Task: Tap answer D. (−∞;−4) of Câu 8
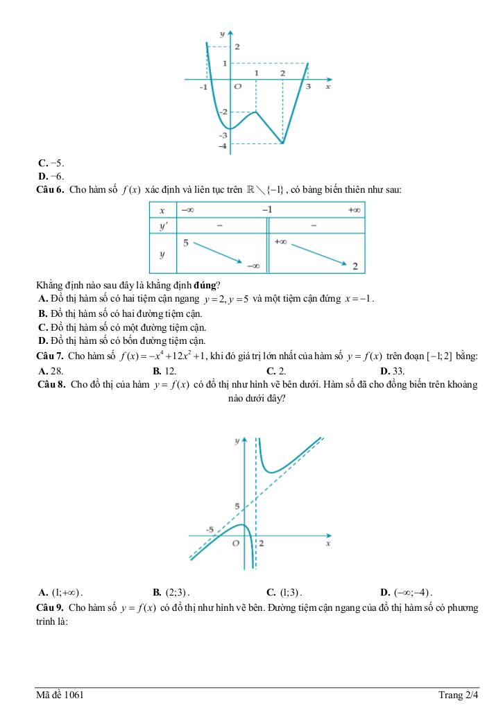407,593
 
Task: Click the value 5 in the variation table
186,243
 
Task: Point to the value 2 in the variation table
355,266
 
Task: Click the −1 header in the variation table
267,209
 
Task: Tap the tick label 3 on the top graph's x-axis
308,87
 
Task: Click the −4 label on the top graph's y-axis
222,146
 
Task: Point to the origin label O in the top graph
237,87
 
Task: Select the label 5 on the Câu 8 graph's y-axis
237,507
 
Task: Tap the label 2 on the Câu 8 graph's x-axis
262,544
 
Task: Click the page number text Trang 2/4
458,695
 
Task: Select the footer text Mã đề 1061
62,695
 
